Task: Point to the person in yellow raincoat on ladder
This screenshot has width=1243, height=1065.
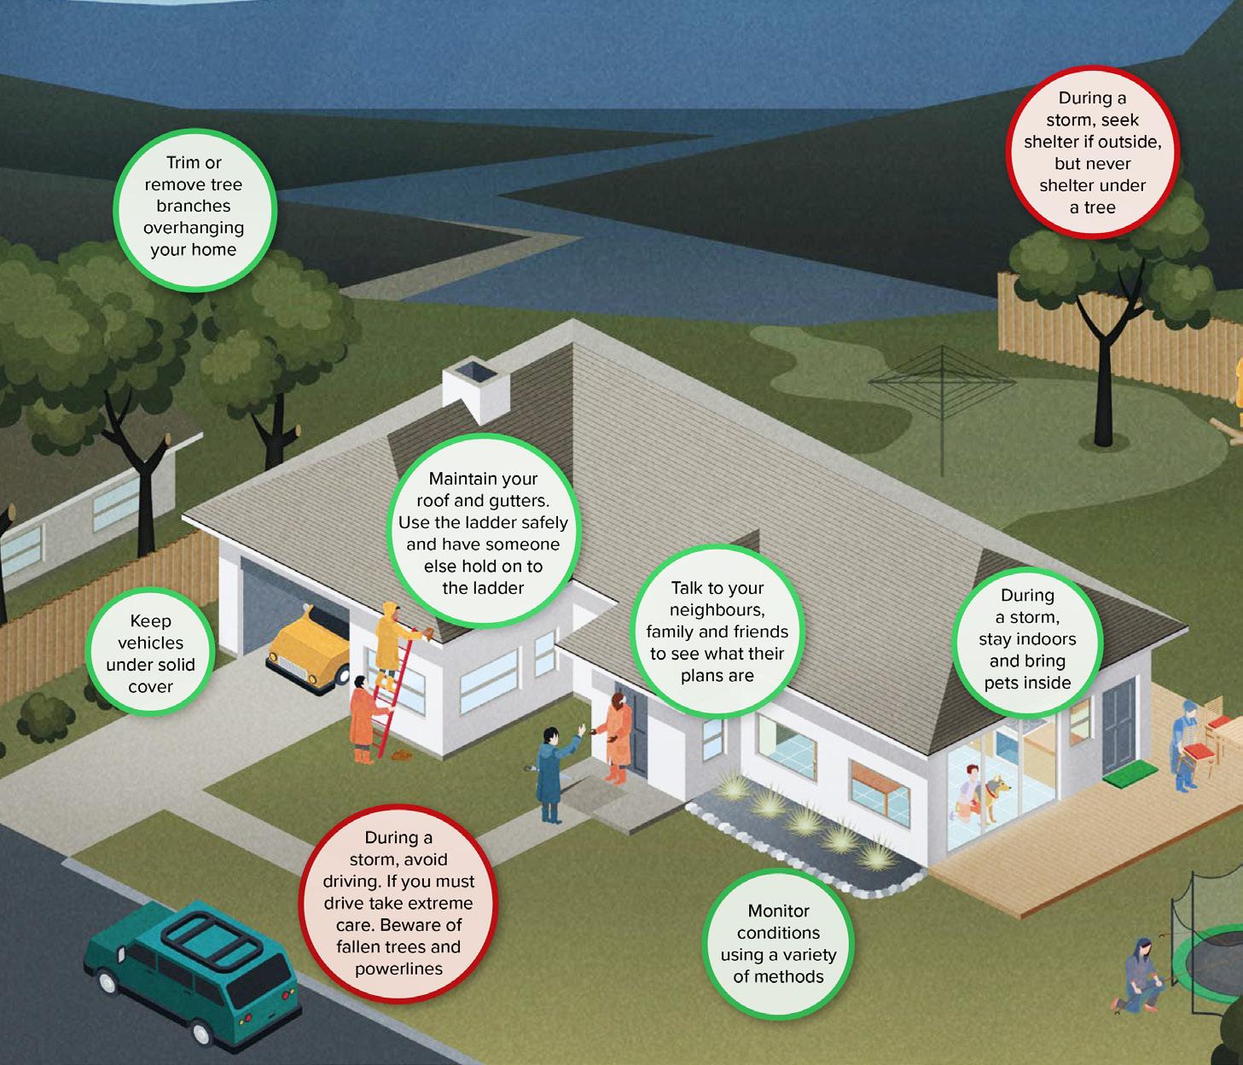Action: point(390,636)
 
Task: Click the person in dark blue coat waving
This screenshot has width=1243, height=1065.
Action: point(550,772)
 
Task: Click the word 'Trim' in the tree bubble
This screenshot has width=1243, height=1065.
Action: point(183,162)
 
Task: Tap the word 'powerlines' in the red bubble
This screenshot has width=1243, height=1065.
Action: point(398,969)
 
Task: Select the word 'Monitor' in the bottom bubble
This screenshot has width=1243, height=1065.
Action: point(778,911)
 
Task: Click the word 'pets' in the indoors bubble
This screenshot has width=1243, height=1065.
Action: point(1001,682)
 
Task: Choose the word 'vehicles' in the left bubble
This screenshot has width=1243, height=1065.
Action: point(150,643)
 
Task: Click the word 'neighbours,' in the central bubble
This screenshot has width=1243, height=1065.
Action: point(716,609)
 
